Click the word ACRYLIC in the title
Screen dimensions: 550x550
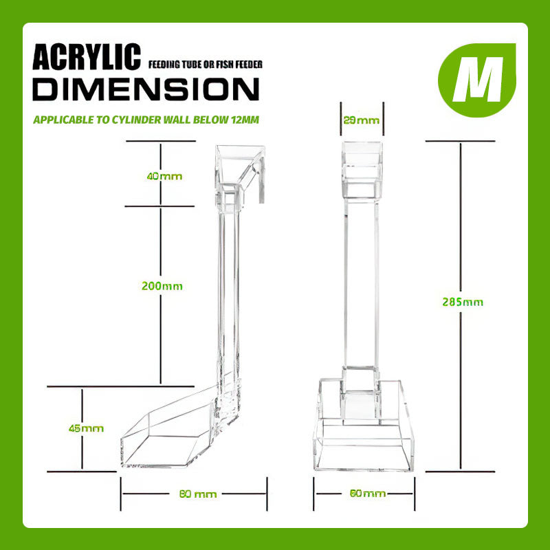tap(87, 57)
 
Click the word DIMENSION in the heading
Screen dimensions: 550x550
tap(146, 89)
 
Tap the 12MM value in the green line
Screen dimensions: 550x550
tap(245, 120)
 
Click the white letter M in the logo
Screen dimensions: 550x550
tap(477, 79)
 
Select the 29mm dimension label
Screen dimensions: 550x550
tap(362, 121)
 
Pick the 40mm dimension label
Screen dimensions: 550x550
tap(164, 176)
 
